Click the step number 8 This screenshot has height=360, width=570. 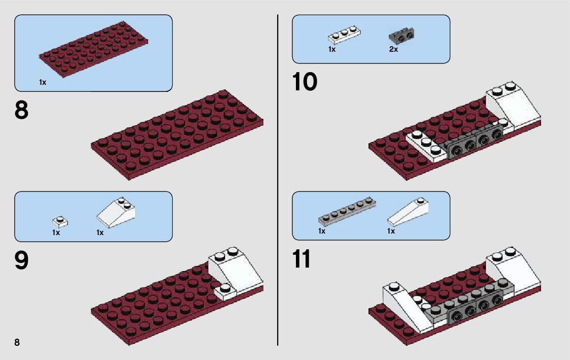tap(21, 110)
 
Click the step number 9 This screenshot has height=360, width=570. tap(21, 260)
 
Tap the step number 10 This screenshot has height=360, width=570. tap(305, 82)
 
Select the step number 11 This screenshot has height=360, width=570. tap(301, 259)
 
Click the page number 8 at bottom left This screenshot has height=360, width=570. tap(17, 342)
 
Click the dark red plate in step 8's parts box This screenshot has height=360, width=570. tap(93, 49)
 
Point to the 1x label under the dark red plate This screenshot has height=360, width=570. tap(43, 82)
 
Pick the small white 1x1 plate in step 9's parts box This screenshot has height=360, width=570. tap(60, 221)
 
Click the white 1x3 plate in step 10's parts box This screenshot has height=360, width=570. tap(344, 35)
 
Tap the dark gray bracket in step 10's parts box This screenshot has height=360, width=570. tap(401, 35)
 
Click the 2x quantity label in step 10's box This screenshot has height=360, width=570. tap(393, 49)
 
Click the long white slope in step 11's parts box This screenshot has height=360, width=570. tap(408, 212)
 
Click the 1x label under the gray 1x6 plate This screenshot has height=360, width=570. tap(322, 231)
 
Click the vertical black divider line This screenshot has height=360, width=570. tap(278, 180)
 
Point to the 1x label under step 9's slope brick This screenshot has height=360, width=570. tap(100, 233)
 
